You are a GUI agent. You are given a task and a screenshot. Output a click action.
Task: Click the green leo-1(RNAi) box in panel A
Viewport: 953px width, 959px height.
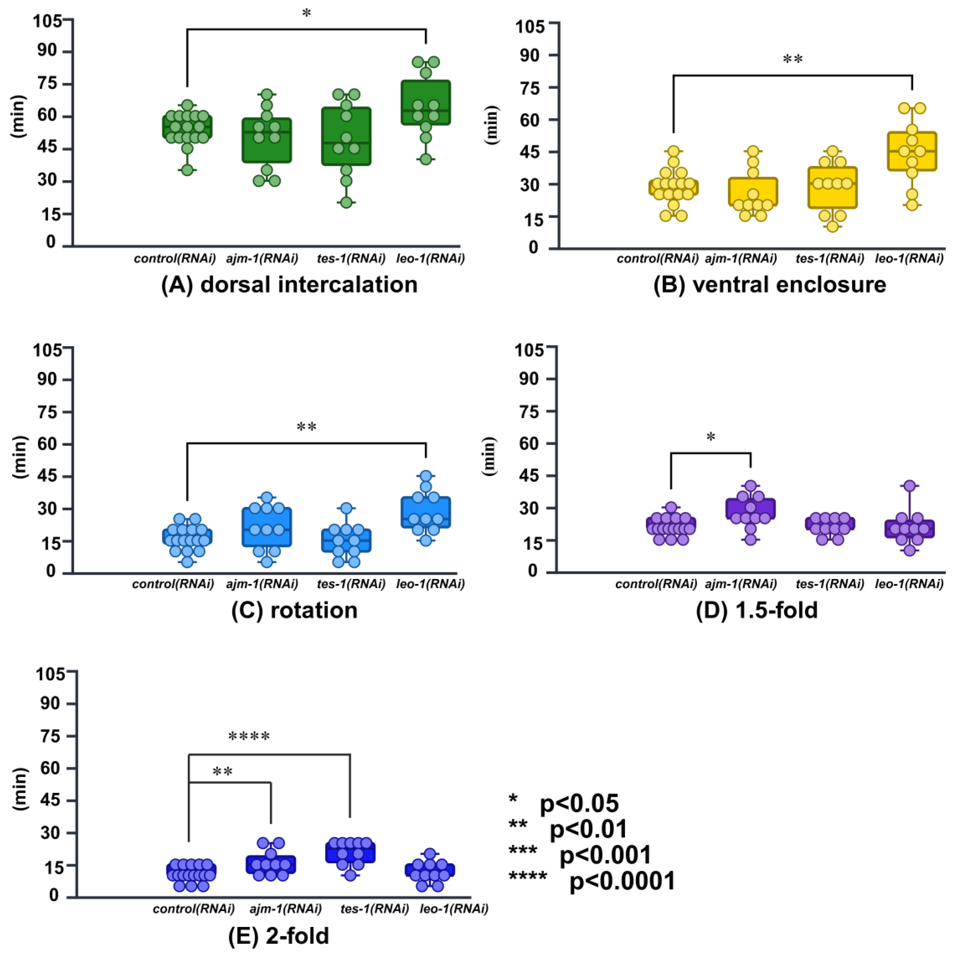[x=426, y=102]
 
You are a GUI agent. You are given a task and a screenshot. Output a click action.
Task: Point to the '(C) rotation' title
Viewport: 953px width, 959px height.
[x=294, y=610]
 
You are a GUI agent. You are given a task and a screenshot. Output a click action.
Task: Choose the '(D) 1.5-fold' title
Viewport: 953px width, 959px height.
[x=757, y=610]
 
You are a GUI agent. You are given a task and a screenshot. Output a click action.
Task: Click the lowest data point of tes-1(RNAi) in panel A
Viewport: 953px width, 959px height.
[x=346, y=203]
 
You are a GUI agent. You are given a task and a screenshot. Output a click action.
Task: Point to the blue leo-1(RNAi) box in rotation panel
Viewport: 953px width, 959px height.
[x=426, y=512]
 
